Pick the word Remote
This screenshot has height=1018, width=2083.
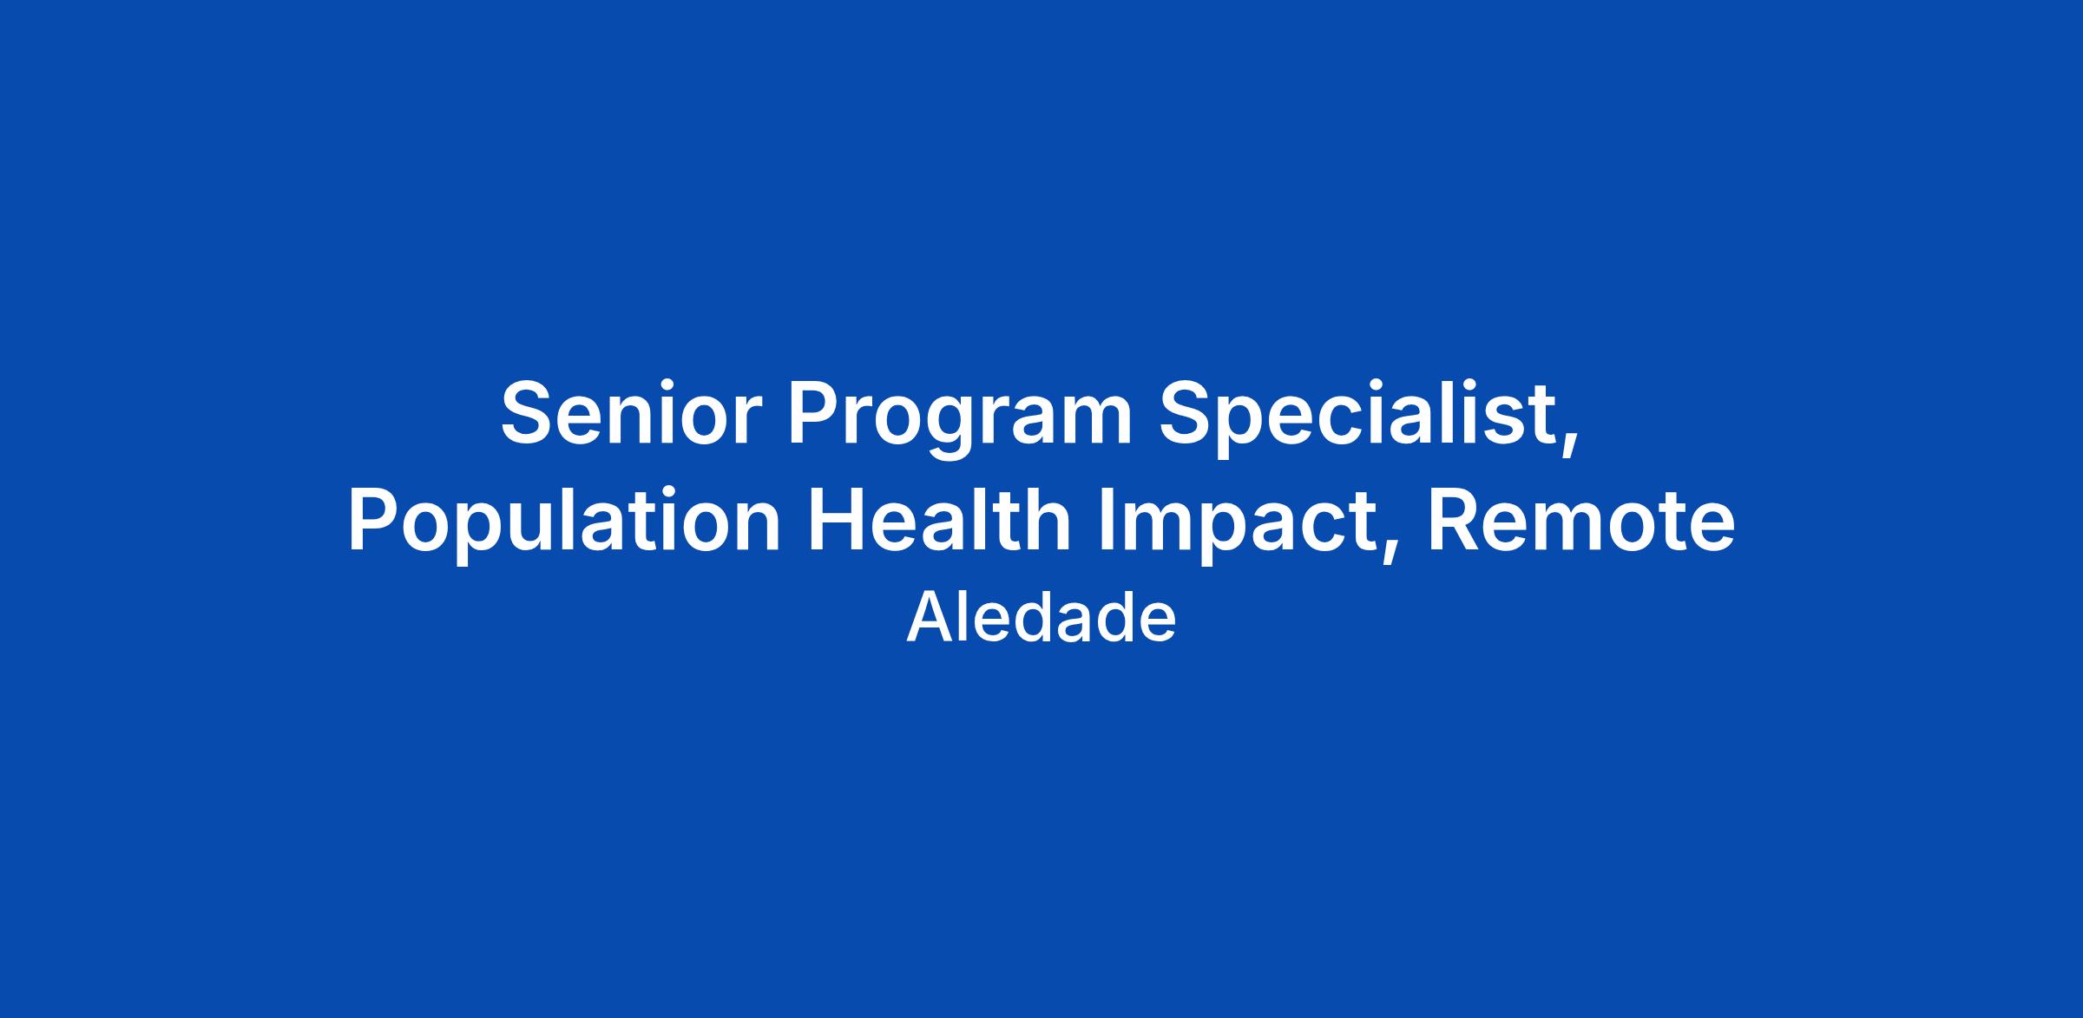point(1581,521)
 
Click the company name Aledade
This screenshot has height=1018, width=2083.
point(1041,617)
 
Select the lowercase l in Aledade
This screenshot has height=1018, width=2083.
point(964,616)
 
